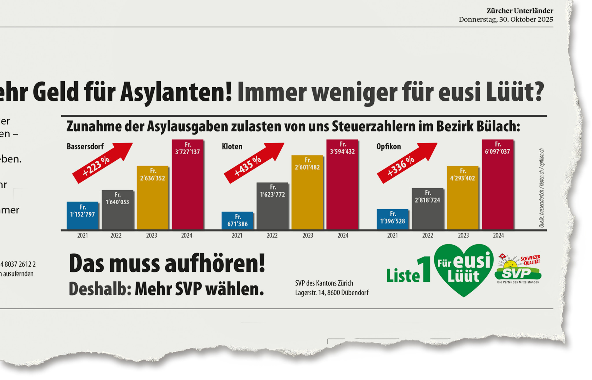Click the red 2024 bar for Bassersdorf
[x=188, y=191]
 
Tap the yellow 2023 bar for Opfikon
[x=462, y=202]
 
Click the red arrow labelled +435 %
[x=253, y=163]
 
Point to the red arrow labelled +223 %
[x=101, y=163]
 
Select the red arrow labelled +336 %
[x=406, y=163]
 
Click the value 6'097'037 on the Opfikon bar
[x=497, y=151]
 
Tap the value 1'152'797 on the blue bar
[x=82, y=214]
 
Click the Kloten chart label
[x=232, y=147]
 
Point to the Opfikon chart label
[x=388, y=147]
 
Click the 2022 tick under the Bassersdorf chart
[x=116, y=236]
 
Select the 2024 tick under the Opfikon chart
[x=498, y=236]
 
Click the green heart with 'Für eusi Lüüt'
[x=464, y=269]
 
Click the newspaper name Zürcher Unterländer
[x=520, y=11]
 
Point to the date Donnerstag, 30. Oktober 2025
[x=506, y=19]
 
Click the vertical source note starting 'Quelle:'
[x=541, y=188]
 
